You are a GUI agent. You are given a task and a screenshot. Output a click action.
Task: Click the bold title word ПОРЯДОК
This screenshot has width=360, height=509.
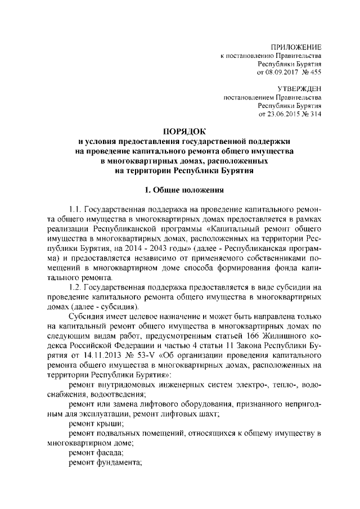179,130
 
